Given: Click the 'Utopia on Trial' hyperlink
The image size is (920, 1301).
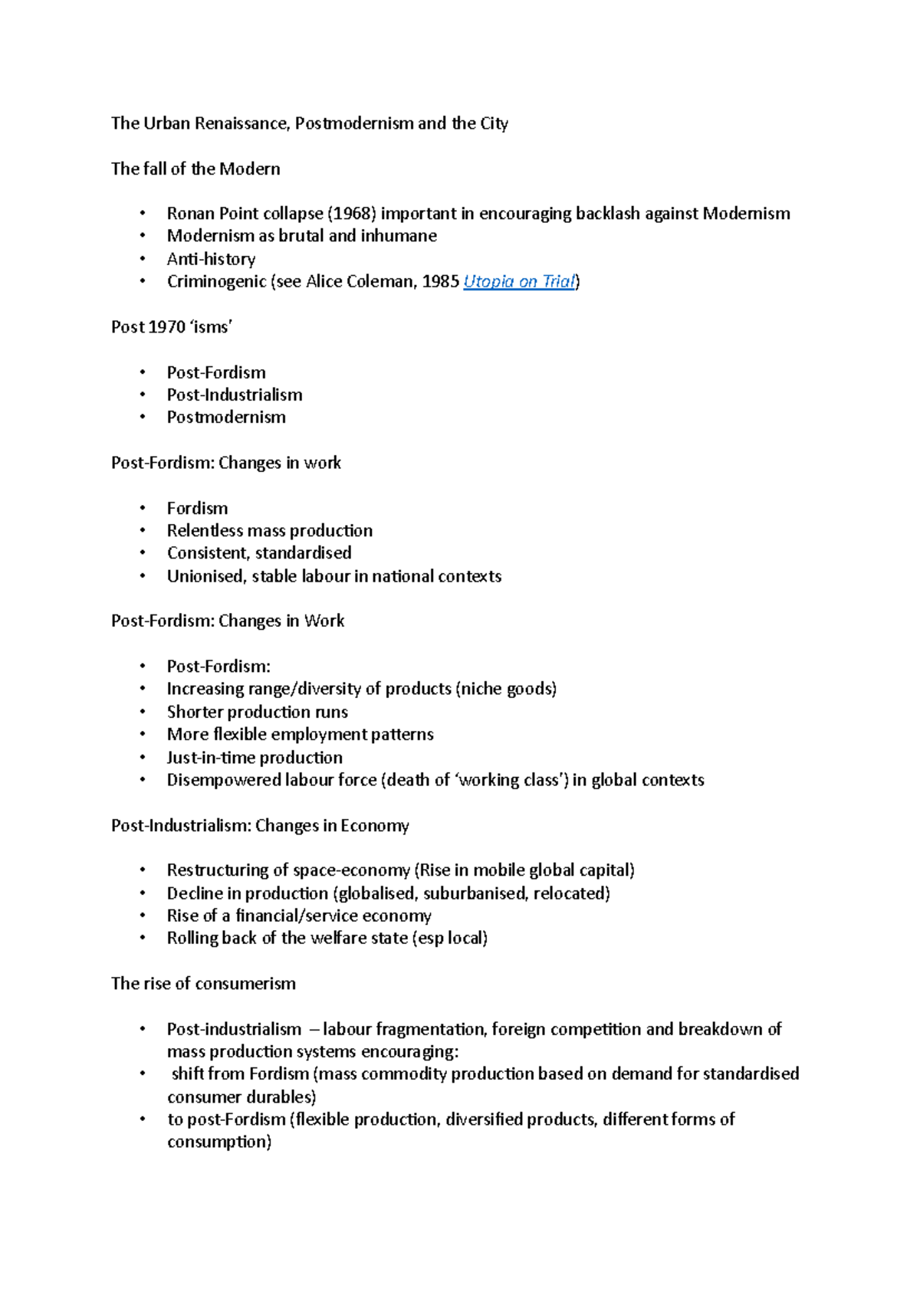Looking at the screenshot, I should [519, 282].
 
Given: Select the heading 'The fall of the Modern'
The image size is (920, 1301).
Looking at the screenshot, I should [195, 169].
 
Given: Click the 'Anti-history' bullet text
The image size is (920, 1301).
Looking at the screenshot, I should [211, 259].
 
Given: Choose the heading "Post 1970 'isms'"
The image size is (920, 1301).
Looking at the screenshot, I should [172, 327].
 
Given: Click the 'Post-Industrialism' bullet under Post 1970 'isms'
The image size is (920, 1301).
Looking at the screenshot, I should [235, 395].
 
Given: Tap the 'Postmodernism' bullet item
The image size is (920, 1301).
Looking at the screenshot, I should [226, 418].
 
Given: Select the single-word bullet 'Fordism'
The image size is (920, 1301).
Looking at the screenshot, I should [197, 508].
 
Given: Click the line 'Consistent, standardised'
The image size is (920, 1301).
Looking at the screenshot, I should [259, 553].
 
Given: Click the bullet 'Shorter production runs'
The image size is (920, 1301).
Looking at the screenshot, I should [257, 712].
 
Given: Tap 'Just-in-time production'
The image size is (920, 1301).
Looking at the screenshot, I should [255, 758].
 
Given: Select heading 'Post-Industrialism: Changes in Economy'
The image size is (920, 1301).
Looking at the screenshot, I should [260, 826].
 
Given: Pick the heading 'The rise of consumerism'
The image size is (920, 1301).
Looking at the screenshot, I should [203, 984].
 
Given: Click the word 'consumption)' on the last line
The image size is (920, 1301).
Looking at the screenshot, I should [219, 1142].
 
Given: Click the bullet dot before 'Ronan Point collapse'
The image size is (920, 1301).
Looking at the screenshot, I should [143, 214].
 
